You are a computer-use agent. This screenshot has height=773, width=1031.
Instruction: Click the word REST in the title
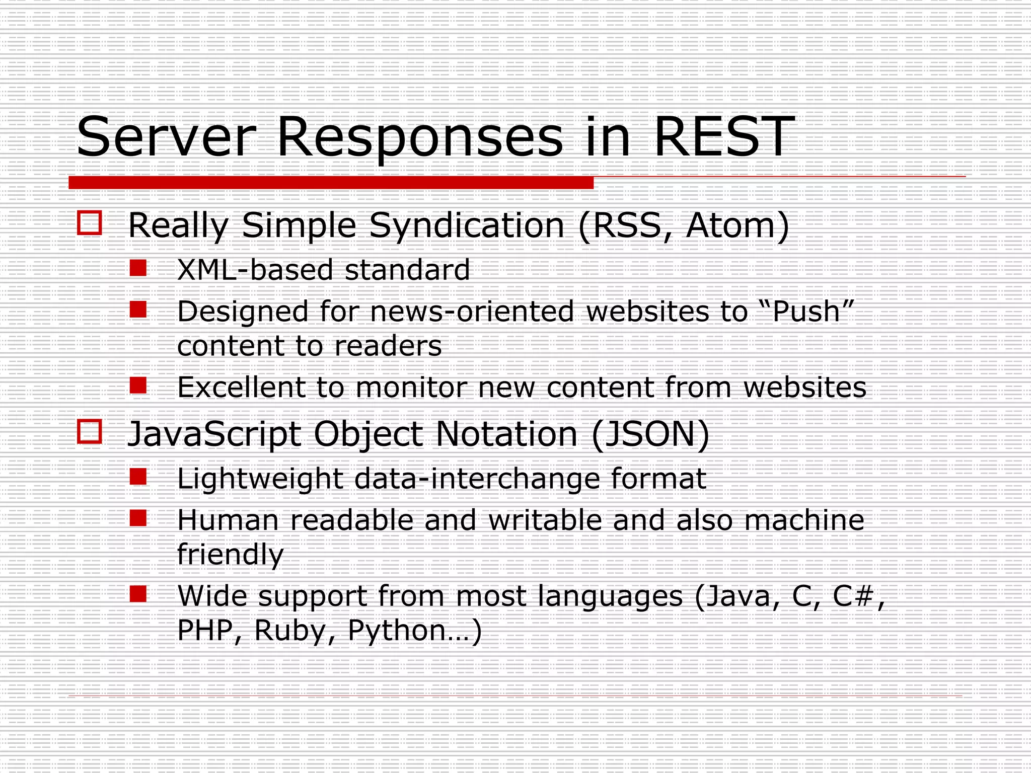point(724,137)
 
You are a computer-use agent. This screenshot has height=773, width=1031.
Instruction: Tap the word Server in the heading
point(166,137)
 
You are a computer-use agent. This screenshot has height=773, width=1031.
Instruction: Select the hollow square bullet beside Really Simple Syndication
point(90,223)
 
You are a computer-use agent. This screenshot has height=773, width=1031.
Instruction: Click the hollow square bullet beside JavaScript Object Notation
point(90,432)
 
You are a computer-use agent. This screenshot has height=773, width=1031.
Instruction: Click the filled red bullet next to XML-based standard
point(138,268)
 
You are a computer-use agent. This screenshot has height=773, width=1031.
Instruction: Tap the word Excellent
point(241,388)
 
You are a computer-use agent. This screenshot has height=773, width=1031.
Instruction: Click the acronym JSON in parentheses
point(649,434)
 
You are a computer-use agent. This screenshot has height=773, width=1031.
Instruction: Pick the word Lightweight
point(260,479)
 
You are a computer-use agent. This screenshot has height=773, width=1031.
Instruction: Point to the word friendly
point(231,555)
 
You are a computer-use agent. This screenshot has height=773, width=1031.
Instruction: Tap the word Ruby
point(289,631)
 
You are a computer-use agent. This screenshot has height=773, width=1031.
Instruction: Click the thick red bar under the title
point(331,183)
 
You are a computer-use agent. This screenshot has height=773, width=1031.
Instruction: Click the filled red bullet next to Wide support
point(138,594)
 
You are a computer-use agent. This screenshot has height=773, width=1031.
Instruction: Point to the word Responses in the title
point(420,137)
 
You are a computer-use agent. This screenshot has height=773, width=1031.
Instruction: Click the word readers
point(388,346)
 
